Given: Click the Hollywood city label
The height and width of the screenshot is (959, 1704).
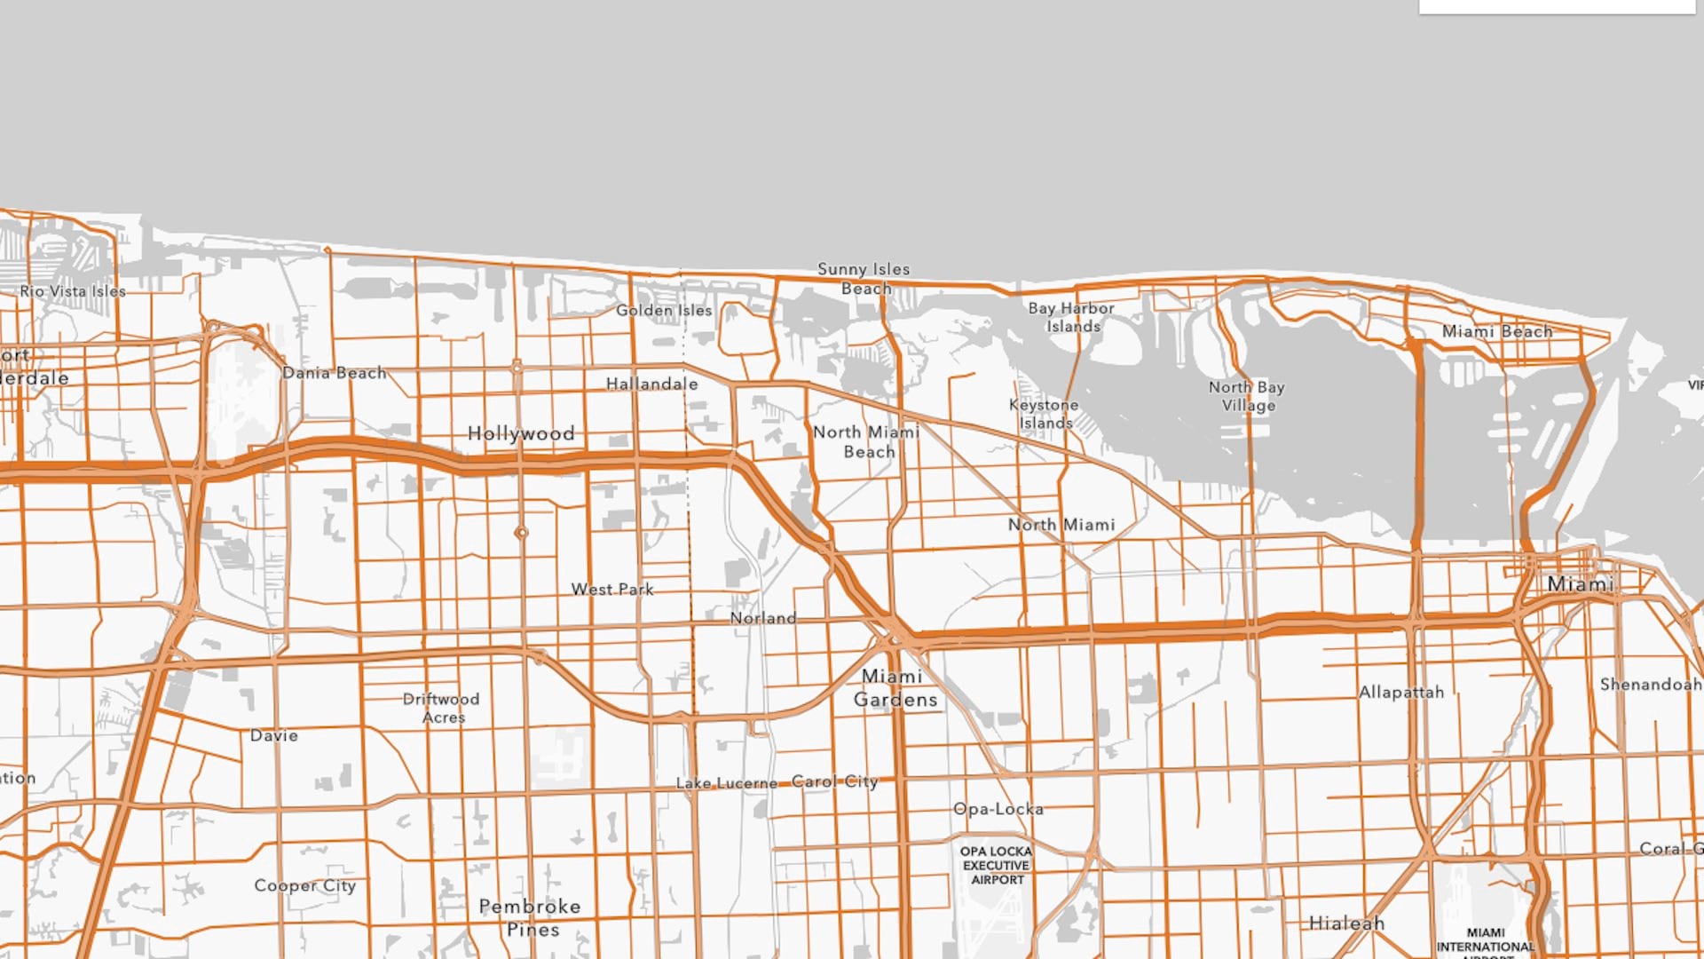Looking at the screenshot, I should (521, 433).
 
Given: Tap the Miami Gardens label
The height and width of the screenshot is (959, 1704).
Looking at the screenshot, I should (895, 688).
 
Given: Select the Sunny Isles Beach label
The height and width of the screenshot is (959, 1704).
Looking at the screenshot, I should (864, 279).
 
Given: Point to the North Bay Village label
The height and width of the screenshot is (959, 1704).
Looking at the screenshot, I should (1247, 396).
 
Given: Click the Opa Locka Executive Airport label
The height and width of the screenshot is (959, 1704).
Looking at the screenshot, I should (997, 865).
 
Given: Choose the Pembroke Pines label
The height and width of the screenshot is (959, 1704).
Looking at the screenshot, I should (531, 917).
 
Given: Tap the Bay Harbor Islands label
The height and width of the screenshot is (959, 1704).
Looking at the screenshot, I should (1071, 317).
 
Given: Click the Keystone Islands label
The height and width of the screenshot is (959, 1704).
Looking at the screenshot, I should (1045, 414).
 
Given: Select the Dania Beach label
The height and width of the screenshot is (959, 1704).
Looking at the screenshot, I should (335, 373).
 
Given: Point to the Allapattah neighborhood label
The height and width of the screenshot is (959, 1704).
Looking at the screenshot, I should (1401, 692).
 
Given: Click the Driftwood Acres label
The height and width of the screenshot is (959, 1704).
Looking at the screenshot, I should (441, 708).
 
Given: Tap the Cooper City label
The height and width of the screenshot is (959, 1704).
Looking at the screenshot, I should (305, 885).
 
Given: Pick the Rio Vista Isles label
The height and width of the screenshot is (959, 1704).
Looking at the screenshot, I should (73, 291).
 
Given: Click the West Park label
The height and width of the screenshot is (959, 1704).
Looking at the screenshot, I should (612, 589).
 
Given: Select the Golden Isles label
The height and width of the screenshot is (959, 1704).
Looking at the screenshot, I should (664, 310).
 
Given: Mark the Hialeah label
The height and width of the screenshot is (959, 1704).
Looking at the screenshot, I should (1346, 923).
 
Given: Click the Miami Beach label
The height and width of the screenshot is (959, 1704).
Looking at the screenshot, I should (1497, 331).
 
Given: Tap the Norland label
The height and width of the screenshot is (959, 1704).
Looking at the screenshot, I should (763, 618).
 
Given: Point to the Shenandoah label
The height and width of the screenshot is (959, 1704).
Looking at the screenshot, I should (1650, 684).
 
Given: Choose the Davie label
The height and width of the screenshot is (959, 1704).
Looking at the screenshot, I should (274, 735).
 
